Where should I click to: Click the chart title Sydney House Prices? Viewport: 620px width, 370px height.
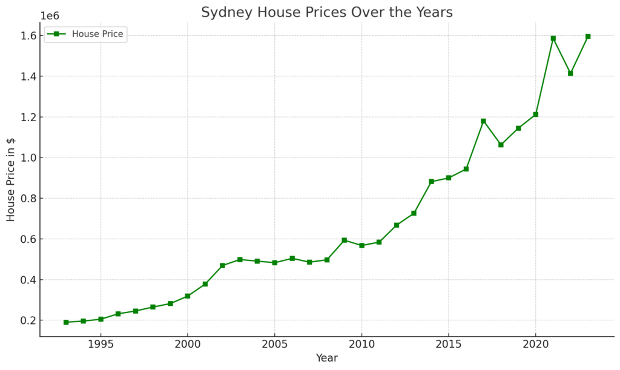point(326,13)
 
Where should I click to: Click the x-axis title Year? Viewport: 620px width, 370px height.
point(326,358)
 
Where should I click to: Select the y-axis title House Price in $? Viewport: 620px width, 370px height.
point(11,179)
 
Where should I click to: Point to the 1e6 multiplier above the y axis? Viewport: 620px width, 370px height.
point(50,16)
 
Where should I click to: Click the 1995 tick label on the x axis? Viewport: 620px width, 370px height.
point(101,345)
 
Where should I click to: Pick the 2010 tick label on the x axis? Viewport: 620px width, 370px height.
point(361,345)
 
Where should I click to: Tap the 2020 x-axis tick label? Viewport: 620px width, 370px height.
point(535,345)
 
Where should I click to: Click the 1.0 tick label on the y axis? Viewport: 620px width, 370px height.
point(27,157)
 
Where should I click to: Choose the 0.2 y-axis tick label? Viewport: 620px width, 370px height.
point(27,320)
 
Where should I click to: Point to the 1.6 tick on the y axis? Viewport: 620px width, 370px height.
point(27,36)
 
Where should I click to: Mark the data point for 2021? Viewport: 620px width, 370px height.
point(553,38)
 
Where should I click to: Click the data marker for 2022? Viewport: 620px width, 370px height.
point(570,73)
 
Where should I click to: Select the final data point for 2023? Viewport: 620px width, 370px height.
point(588,36)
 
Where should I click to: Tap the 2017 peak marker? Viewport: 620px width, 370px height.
point(483,121)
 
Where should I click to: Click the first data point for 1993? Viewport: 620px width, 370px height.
point(66,322)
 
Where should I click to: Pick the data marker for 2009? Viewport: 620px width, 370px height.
point(344,240)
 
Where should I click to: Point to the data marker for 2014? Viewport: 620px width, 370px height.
point(431,182)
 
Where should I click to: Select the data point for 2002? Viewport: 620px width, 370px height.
point(222,266)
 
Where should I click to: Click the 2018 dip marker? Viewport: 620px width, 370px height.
point(501,145)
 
